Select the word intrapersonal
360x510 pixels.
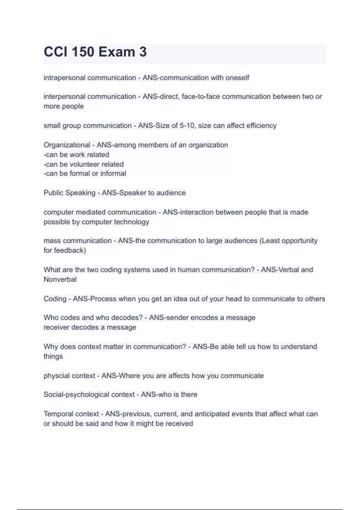[x=64, y=78]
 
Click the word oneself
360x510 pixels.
[x=237, y=78]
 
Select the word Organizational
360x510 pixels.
[x=67, y=145]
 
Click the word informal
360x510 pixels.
[x=113, y=173]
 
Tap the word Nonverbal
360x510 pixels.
[x=60, y=279]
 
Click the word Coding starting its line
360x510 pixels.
[x=55, y=299]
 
